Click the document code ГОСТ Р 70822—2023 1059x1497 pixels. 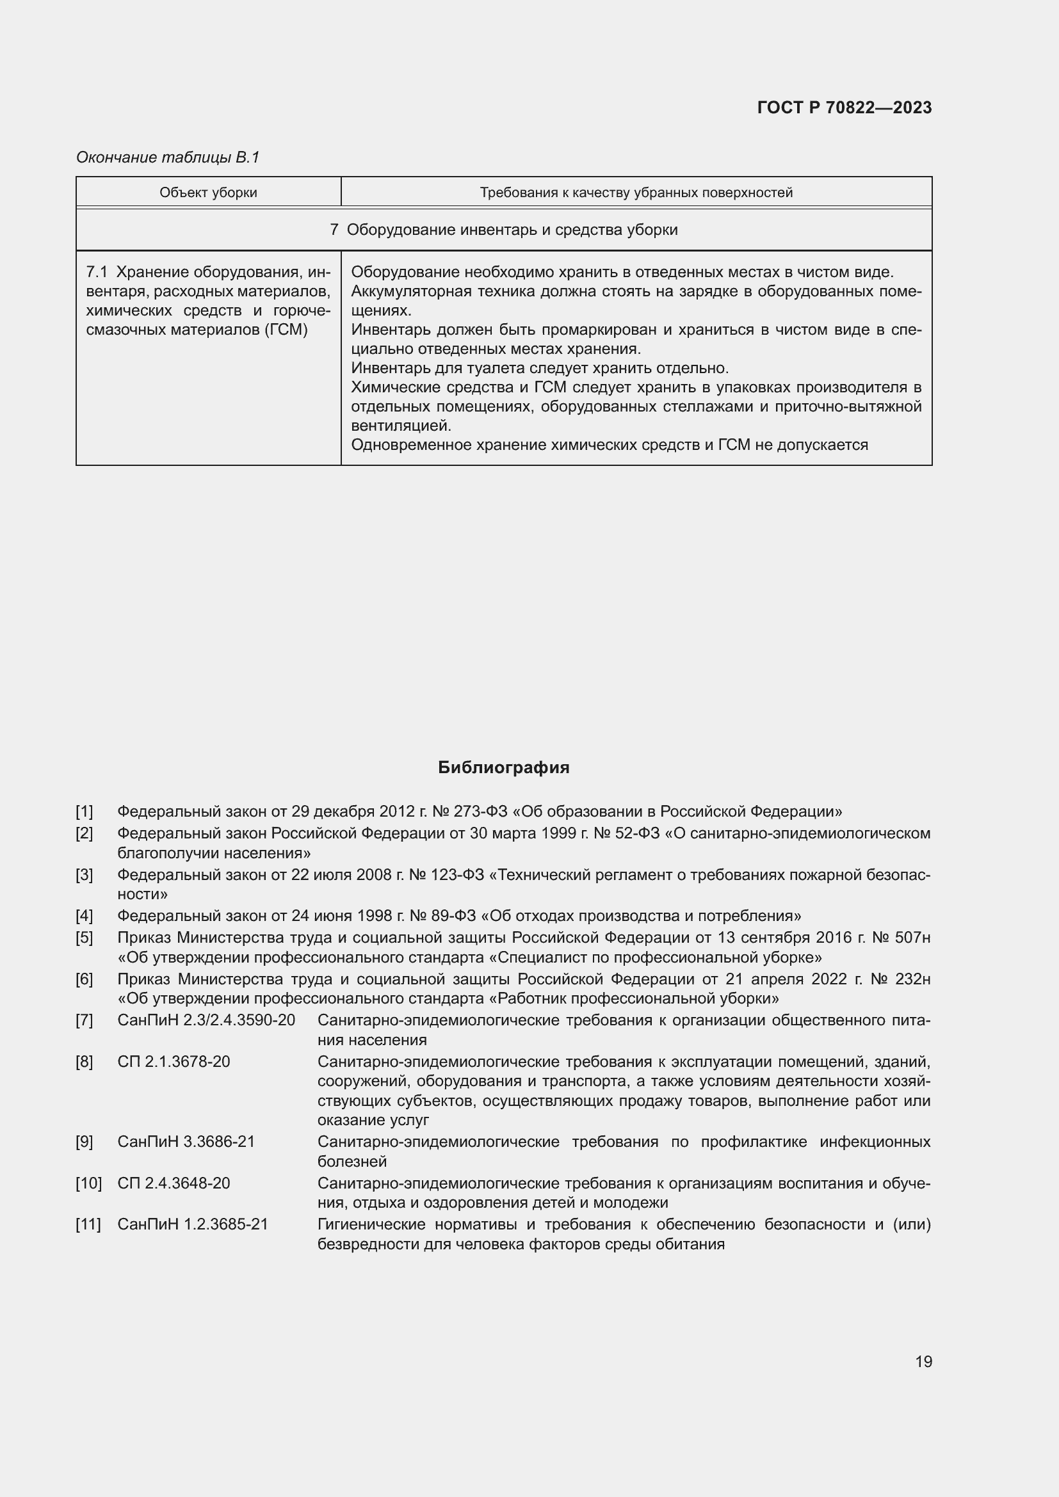pos(844,108)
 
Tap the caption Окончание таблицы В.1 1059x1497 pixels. pos(168,157)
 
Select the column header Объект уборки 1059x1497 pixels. pos(208,193)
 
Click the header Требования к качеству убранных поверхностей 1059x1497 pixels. pos(636,193)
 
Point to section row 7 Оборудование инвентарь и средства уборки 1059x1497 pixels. pos(503,230)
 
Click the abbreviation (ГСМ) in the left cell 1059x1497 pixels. pos(286,330)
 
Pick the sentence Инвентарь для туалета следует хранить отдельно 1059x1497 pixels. pos(539,368)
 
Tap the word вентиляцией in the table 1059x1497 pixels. pos(400,426)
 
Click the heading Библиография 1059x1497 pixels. pos(503,767)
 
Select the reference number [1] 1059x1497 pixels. pos(84,812)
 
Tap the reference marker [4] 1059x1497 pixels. pos(84,916)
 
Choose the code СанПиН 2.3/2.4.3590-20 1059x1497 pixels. pos(206,1020)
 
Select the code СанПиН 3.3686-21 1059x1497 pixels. pos(186,1142)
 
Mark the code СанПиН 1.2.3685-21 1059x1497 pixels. pos(192,1224)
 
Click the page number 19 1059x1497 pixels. pos(923,1361)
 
